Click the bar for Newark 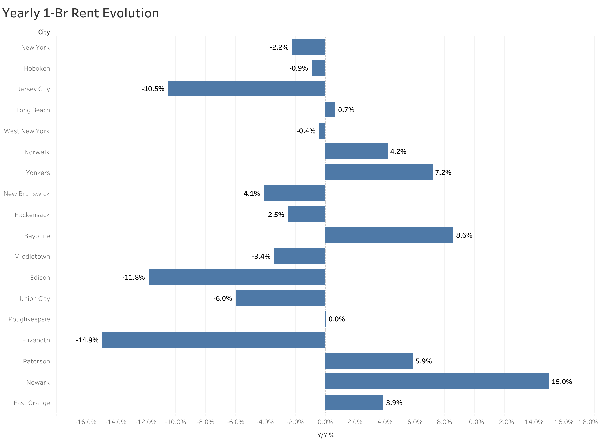437,381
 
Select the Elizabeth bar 214,340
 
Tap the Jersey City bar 247,88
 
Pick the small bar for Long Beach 330,109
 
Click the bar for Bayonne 389,235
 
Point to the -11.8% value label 133,277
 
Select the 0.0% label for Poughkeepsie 336,319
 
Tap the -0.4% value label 306,131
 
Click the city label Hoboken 37,68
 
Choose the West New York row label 27,131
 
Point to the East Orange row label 32,403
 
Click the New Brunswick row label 27,194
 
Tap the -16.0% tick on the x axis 86,422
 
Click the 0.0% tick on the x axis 325,422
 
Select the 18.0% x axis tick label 588,422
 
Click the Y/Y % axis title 326,435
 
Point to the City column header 44,32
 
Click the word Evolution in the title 131,13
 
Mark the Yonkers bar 379,172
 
